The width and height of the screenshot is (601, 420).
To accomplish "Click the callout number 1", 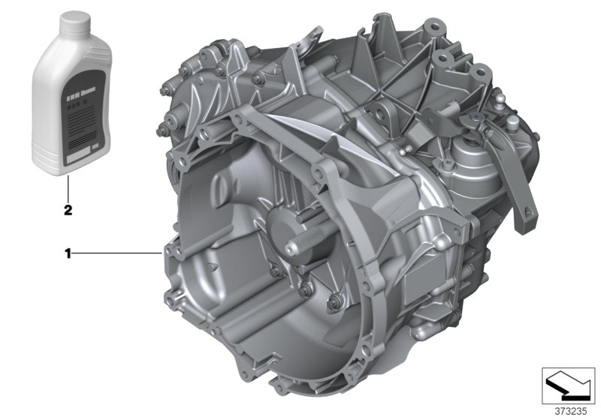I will coord(68,254).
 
